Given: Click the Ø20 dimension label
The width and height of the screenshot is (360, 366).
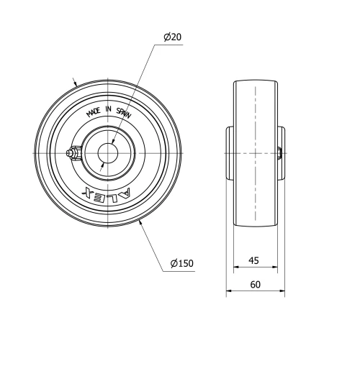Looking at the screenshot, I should point(172,37).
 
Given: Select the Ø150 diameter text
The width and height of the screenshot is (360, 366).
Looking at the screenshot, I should point(182,263).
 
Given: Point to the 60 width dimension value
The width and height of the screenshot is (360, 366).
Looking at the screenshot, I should point(255,284).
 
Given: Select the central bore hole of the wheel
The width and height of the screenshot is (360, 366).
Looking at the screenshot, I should point(109,154).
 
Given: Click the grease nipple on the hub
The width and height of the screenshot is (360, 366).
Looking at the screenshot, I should point(72,153).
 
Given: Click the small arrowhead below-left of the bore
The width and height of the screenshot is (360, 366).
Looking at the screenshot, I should point(104,165).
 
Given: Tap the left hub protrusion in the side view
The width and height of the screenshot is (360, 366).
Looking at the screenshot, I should point(231,153).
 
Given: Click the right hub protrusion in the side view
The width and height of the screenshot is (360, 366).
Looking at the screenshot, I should point(281,153).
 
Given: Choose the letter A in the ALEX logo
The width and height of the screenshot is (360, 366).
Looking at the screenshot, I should point(125,191).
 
